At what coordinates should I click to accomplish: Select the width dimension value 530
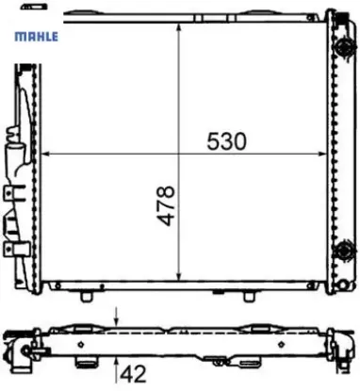point(227,140)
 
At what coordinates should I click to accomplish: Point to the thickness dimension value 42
point(136,374)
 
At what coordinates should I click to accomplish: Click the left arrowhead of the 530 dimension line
point(48,154)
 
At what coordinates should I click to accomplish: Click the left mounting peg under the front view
point(88,295)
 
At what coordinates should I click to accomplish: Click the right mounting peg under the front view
point(248,295)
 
